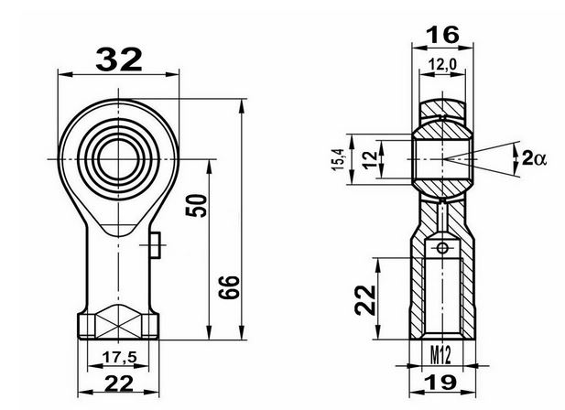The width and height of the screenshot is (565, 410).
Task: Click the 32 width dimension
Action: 119,59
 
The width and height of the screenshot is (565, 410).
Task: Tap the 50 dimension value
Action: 196,205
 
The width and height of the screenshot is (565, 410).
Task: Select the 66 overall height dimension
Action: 229,287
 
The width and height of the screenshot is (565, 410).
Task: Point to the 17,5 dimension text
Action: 119,357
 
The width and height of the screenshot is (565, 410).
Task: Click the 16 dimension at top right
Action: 442,35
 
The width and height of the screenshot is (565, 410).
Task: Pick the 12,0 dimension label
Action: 442,65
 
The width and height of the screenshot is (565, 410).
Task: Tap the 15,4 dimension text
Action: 339,159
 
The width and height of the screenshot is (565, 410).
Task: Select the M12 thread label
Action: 440,354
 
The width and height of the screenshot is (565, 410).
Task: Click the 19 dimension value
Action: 442,382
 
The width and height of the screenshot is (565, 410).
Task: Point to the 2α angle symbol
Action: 534,158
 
